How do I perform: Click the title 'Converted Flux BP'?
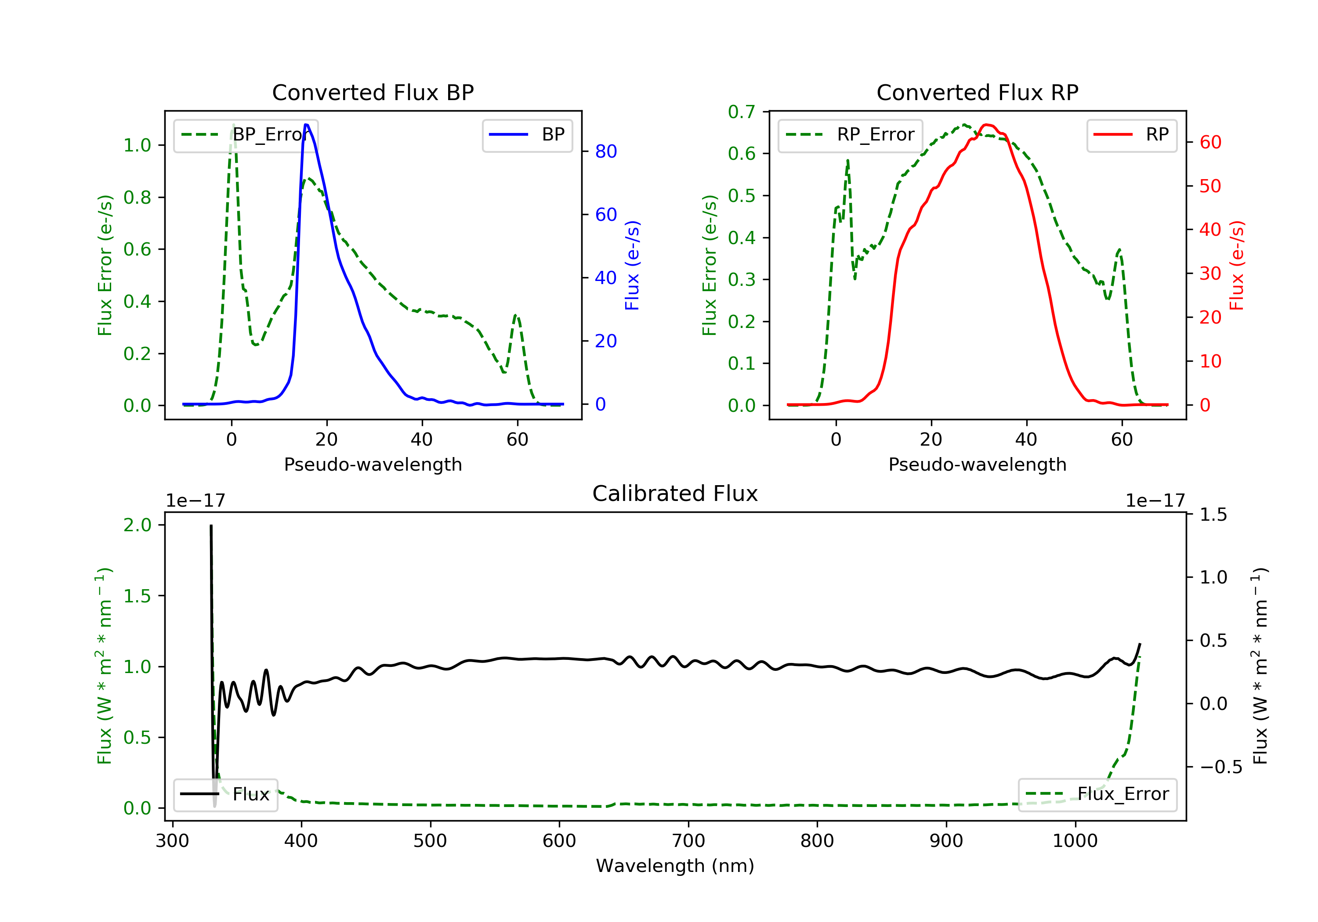tap(373, 92)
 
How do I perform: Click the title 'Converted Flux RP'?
tap(977, 92)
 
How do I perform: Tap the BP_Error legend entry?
tap(246, 135)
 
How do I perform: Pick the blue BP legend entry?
tap(527, 135)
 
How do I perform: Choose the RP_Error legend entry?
tap(850, 135)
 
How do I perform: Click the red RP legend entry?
tap(1131, 135)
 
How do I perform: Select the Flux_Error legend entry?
tap(1097, 794)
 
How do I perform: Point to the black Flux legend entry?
tap(225, 794)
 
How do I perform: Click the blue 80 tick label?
tap(605, 151)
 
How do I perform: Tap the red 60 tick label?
tap(1210, 142)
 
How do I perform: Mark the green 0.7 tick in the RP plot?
tap(741, 112)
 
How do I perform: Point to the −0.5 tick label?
tap(1220, 767)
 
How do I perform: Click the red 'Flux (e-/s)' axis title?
tap(1236, 265)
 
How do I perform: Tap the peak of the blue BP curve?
tap(307, 125)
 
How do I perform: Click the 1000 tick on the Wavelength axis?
tap(1075, 841)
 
